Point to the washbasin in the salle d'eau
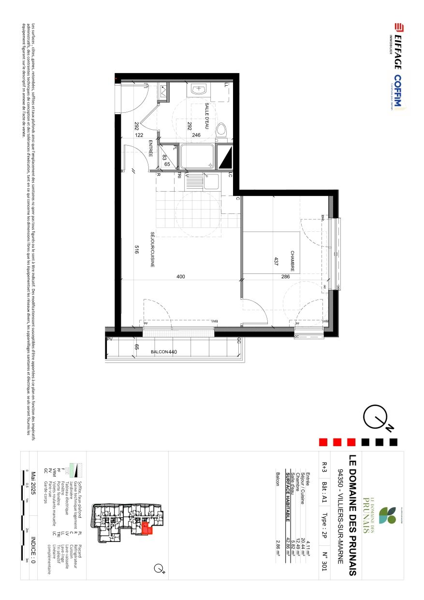[x=199, y=90]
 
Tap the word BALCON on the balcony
[x=156, y=352]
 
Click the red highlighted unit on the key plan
[x=146, y=528]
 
